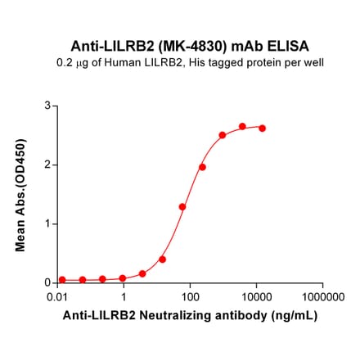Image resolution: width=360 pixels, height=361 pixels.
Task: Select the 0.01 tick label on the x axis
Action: tap(57, 296)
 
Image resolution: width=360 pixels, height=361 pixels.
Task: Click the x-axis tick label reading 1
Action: tap(124, 296)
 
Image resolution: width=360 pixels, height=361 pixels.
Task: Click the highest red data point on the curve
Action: tap(242, 127)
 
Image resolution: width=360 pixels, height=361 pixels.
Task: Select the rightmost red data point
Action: tap(263, 129)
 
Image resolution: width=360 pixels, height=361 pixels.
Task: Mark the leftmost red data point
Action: tap(62, 279)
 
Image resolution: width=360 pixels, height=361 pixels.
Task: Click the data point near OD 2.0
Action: tap(202, 167)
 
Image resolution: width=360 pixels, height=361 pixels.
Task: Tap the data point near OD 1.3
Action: tap(182, 207)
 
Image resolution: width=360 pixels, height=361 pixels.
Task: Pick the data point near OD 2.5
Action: tap(223, 135)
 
